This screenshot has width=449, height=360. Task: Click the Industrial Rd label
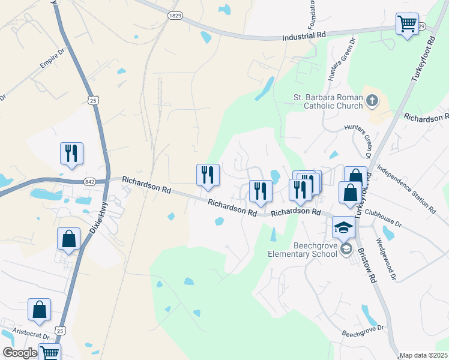[x=304, y=36]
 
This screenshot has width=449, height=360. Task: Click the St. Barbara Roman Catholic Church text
[x=328, y=101]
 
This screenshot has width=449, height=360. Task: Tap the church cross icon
[x=372, y=101]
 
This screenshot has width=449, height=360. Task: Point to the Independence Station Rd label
[x=406, y=190]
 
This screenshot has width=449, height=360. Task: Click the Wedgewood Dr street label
[x=385, y=259]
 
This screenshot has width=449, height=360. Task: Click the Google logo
[x=20, y=353]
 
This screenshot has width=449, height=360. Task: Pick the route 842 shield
[x=90, y=181]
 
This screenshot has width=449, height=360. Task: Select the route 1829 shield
[x=175, y=15]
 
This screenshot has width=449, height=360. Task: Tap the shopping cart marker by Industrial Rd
[x=407, y=24]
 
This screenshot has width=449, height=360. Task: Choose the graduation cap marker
[x=344, y=227]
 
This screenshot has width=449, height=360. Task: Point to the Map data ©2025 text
[x=423, y=355]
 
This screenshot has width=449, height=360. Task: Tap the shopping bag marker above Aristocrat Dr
[x=40, y=310]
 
